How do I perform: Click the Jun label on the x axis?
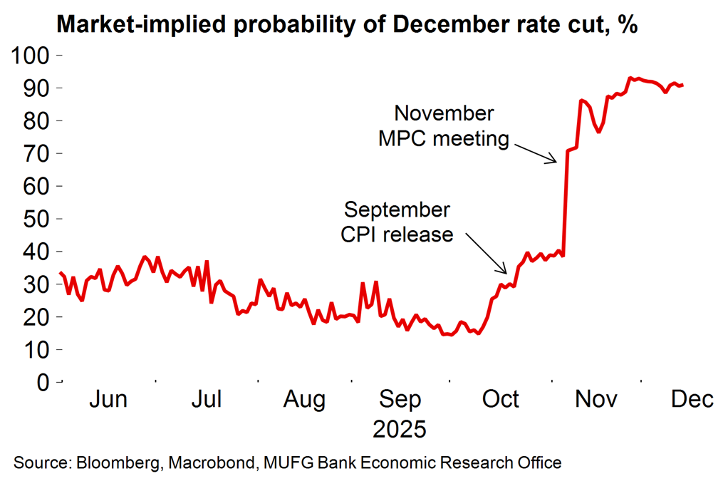108,400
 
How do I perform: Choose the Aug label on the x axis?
305,400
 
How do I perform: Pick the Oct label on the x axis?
501,400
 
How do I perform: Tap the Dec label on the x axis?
692,400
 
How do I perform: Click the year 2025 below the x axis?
400,430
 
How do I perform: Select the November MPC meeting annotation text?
444,125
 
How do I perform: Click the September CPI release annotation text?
397,222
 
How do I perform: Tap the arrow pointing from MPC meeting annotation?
534,150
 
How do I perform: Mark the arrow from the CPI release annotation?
486,254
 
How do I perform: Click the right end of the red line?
682,85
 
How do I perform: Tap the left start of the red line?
61,272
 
